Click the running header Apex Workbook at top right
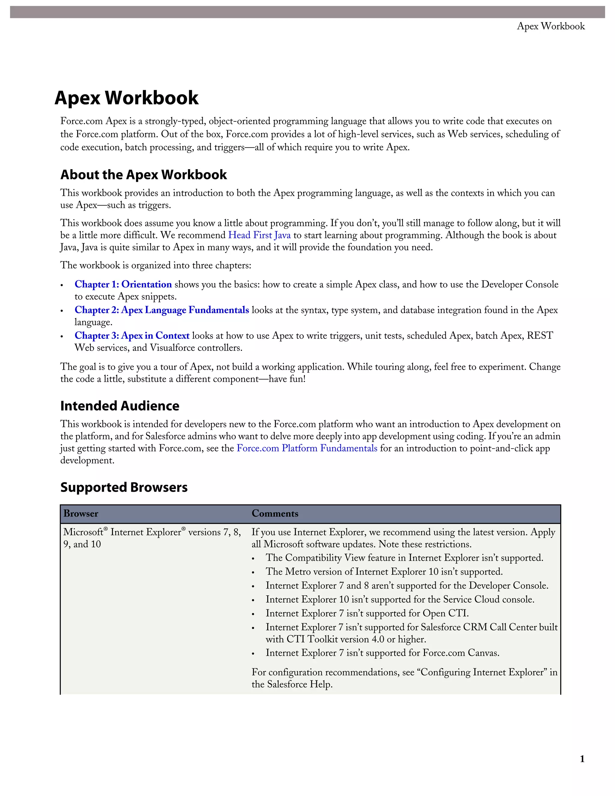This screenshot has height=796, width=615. pos(550,26)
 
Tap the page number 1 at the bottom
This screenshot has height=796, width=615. pos(582,759)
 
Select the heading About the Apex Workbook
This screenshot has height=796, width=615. pos(144,175)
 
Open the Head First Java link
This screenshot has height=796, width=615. pos(259,235)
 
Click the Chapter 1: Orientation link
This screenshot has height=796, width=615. pos(123,284)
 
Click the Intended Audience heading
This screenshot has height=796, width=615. pos(120,406)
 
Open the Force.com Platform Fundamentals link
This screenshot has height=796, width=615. pos(307,448)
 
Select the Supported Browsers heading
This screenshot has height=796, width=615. pos(124,487)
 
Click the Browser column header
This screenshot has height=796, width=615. pos(81,514)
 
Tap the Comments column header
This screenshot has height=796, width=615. pos(275,514)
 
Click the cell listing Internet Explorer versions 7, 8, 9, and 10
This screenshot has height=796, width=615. pos(152,538)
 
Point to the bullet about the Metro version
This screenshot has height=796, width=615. pos(384,572)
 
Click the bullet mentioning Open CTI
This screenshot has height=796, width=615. pos(367,613)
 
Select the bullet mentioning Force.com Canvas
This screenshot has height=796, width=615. pos(382,652)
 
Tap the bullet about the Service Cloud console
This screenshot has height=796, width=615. pos(400,599)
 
